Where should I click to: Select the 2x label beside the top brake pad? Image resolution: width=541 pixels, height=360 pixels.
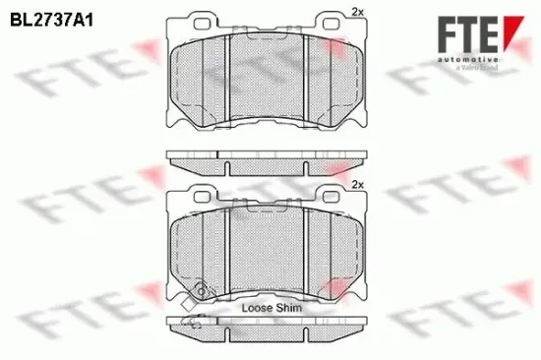click(x=357, y=12)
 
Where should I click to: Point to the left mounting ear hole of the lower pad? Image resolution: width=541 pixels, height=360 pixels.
click(x=205, y=193)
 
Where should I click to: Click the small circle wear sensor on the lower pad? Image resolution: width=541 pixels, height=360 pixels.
click(x=203, y=290)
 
